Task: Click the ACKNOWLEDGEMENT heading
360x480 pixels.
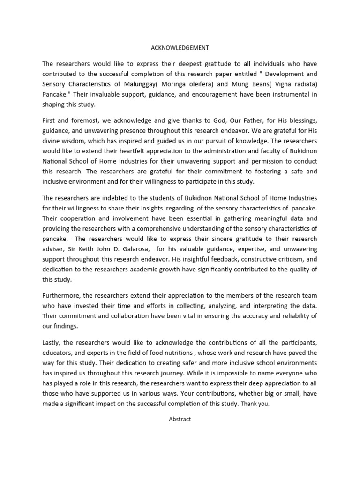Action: click(180, 48)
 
